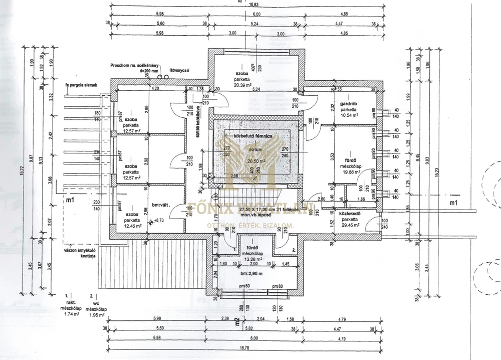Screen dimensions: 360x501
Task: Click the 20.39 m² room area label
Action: tap(243, 85)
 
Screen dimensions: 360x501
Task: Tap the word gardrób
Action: tap(349, 104)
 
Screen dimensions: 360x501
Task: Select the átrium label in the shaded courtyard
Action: tap(256, 149)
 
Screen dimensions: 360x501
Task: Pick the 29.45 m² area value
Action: tap(349, 225)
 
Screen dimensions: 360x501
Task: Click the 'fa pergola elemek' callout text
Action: tap(80, 86)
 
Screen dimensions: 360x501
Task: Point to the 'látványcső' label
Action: tap(179, 70)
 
